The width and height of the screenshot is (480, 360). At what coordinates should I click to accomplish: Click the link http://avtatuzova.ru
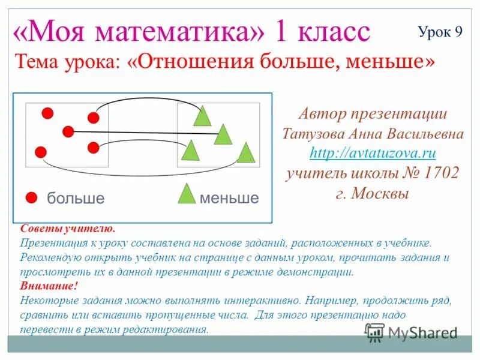click(373, 154)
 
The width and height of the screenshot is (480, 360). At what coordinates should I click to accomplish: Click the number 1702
click(442, 174)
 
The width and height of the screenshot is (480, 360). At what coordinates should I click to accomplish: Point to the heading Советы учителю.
click(67, 229)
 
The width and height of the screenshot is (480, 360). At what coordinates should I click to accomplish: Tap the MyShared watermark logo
click(412, 332)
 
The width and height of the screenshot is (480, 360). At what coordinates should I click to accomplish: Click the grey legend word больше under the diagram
click(76, 199)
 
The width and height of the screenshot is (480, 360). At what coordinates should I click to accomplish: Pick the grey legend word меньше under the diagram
click(229, 199)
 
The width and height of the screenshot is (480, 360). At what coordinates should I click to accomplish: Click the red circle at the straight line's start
click(68, 131)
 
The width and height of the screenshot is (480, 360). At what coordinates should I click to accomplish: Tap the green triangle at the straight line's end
click(223, 136)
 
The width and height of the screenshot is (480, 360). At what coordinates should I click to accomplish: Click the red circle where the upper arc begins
click(93, 118)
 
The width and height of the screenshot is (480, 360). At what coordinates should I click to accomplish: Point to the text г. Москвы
click(373, 194)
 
